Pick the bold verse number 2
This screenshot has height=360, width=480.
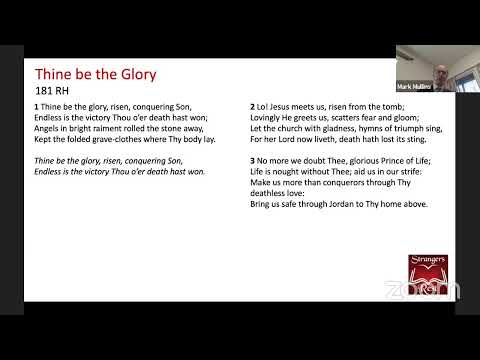tap(252, 106)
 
